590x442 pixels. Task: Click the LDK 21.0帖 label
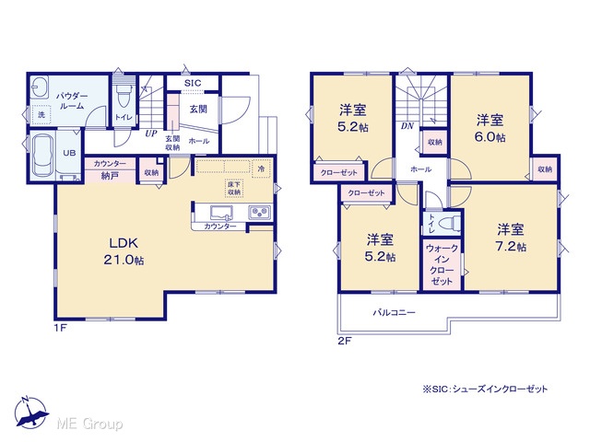124,251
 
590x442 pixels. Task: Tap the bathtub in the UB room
41,156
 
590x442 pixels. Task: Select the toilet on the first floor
124,96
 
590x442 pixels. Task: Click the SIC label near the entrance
193,83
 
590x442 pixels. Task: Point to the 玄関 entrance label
198,109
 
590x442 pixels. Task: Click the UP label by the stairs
151,134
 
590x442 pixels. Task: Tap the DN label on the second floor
407,126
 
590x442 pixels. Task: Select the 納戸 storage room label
110,175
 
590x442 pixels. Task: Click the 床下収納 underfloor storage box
233,188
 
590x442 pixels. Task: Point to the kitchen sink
221,213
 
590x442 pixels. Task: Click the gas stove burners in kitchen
259,213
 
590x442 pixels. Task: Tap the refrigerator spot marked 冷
261,169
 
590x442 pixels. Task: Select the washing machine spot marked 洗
41,114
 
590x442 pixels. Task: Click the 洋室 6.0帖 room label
490,129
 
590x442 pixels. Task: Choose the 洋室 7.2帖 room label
511,238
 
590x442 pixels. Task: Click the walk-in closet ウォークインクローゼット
442,264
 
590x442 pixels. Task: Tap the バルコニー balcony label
394,312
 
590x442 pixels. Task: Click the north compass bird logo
30,413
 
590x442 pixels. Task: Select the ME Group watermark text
89,424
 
